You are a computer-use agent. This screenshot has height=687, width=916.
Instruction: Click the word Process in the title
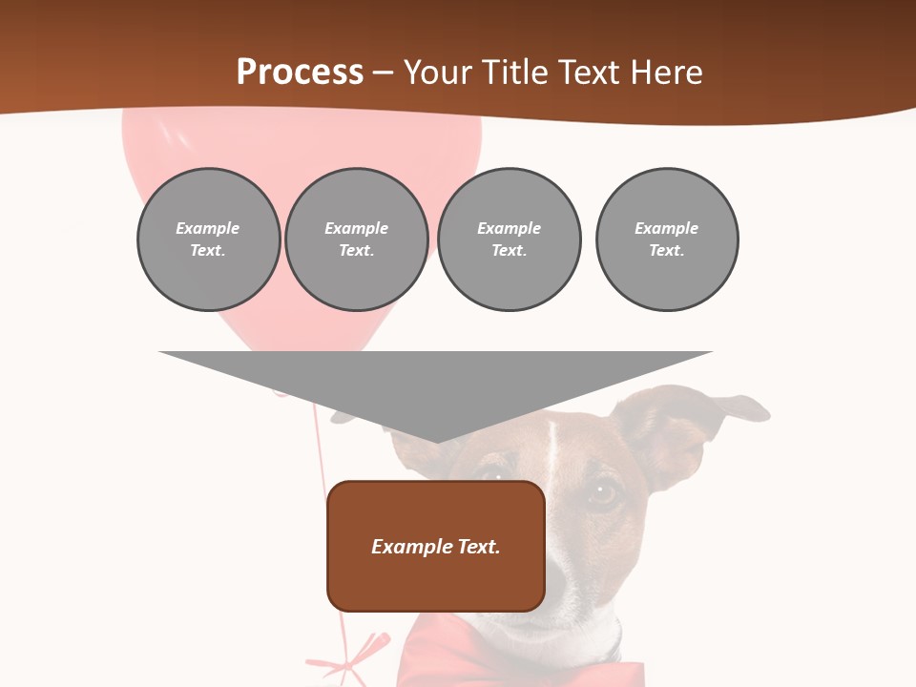click(300, 73)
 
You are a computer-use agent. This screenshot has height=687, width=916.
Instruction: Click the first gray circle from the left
click(208, 239)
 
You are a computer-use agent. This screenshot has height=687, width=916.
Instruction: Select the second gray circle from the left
click(357, 239)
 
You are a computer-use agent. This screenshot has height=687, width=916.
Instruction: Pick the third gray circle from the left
click(509, 239)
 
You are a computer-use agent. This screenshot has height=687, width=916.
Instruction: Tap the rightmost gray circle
click(666, 239)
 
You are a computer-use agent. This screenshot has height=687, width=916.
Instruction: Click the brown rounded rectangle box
click(436, 546)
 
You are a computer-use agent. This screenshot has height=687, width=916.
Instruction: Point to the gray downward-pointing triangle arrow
click(436, 382)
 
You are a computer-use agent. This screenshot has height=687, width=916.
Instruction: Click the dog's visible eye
click(603, 492)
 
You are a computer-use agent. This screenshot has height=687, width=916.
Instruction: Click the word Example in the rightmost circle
click(666, 228)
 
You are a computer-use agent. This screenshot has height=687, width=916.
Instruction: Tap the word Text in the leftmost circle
click(207, 251)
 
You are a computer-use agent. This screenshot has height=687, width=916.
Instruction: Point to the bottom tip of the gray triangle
click(436, 442)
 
